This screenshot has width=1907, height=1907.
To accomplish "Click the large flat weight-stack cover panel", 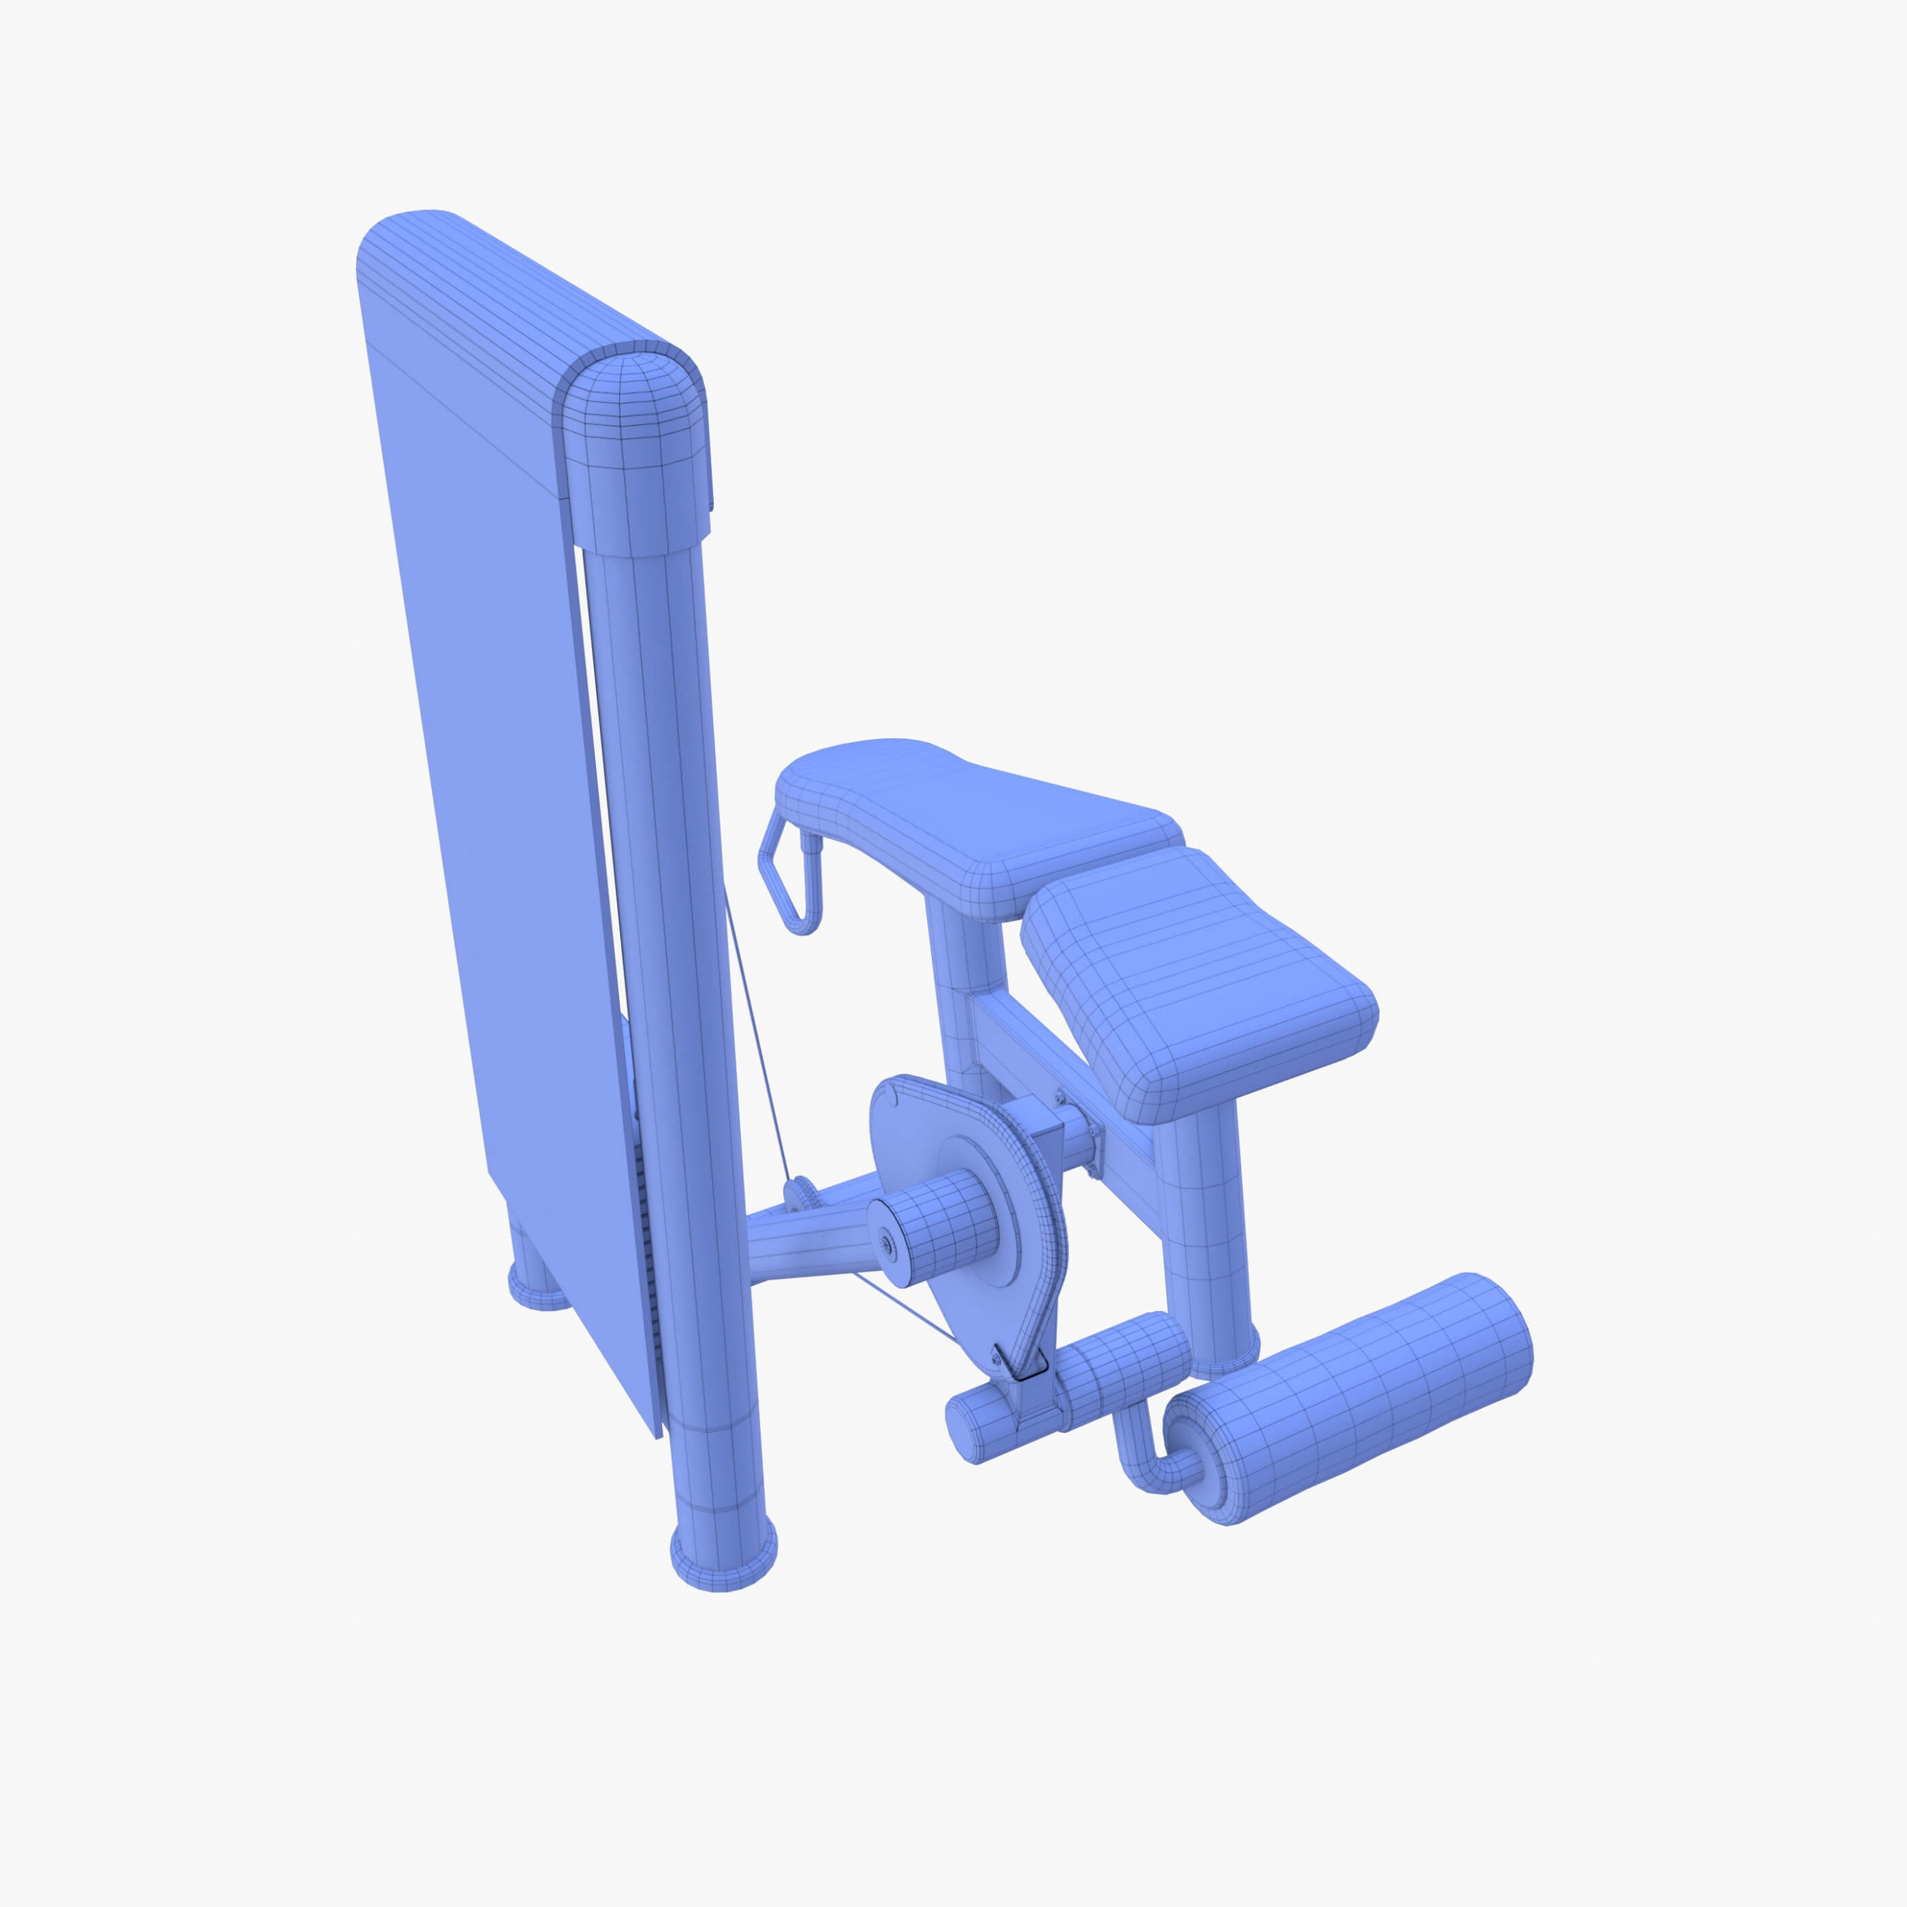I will point(494,789).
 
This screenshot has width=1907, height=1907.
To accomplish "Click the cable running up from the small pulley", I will point(758,1037).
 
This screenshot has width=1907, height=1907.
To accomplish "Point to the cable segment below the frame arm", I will point(903,1308).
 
